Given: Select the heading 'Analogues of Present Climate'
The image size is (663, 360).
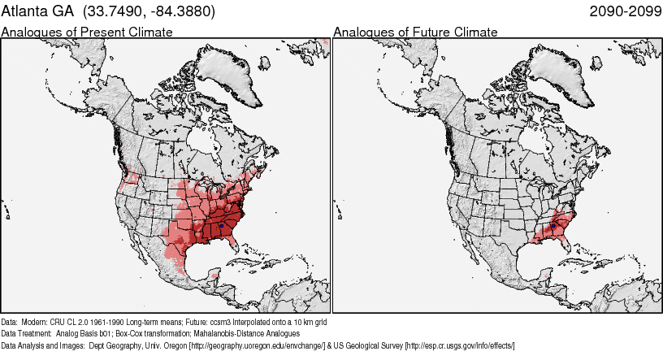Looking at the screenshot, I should (87, 33).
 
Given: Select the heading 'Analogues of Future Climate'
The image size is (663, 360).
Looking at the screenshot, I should (415, 33).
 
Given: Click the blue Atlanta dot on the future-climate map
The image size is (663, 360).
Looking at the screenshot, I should (552, 225).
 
